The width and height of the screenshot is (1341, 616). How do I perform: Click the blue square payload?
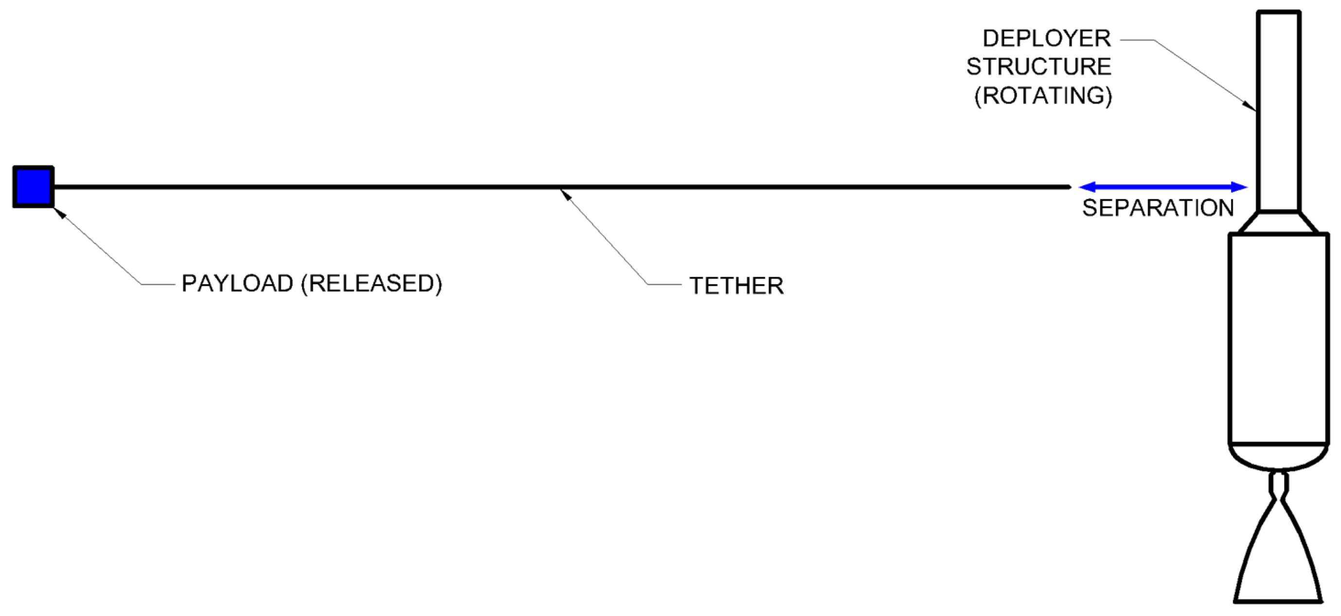point(33,187)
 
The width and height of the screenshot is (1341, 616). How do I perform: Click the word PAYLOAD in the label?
point(237,284)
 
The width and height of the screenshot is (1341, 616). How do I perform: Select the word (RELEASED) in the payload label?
point(372,284)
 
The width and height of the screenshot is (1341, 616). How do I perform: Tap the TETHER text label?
point(736,286)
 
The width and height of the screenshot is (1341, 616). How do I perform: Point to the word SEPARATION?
point(1158,208)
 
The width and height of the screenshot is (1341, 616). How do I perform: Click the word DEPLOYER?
point(1046,38)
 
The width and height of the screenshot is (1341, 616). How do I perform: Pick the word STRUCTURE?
point(1039,67)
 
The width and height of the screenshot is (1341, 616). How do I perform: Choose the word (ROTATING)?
point(1043,96)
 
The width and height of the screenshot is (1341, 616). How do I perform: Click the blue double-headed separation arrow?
point(1163,187)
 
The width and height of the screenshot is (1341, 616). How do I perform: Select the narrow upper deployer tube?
point(1279,109)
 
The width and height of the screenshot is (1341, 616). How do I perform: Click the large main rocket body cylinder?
point(1279,339)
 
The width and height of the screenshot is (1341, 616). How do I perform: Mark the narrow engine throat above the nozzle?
point(1279,484)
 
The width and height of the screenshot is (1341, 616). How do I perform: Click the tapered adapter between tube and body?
point(1279,222)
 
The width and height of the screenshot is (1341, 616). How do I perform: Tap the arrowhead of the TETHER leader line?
point(564,194)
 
